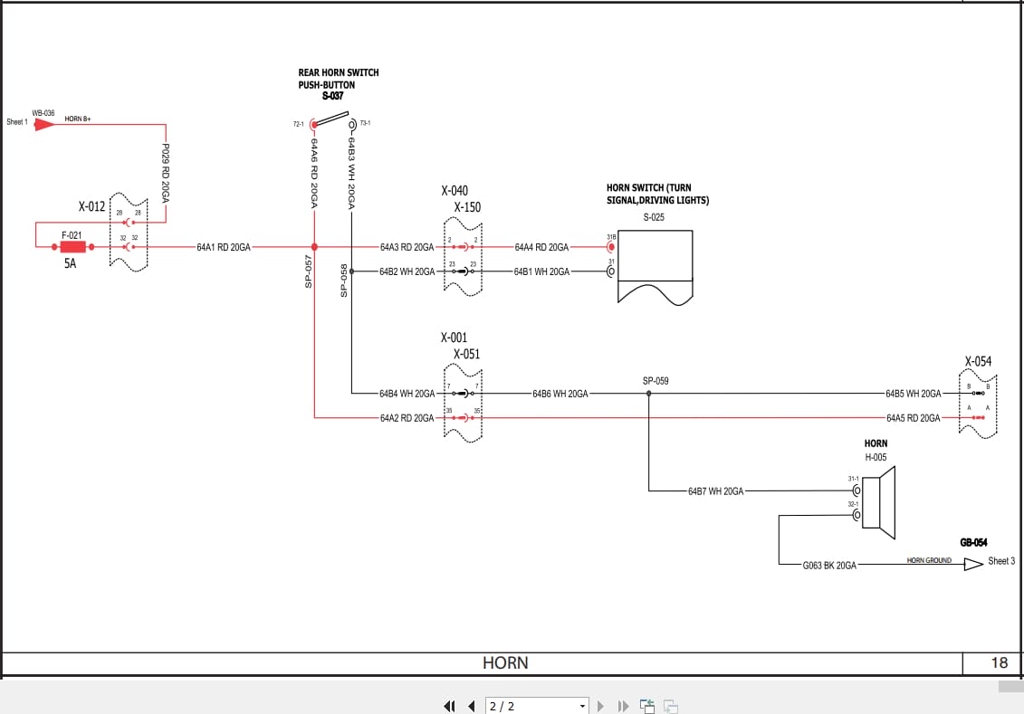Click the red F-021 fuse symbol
point(72,246)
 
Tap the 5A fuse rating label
point(71,265)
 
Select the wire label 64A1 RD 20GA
point(224,246)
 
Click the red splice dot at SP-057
point(314,246)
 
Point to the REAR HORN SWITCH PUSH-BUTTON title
point(338,79)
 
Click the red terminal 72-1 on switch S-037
point(313,124)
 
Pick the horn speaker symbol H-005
point(877,497)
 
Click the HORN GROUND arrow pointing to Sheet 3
point(973,564)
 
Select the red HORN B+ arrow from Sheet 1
point(43,125)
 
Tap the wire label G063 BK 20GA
point(828,565)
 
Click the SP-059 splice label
point(656,381)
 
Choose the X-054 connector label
point(978,361)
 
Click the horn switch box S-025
point(655,262)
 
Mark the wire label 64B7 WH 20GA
point(715,491)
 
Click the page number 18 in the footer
point(999,662)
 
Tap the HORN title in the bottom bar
point(505,662)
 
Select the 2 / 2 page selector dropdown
point(537,706)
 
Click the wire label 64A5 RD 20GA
point(913,417)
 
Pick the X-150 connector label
point(467,207)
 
